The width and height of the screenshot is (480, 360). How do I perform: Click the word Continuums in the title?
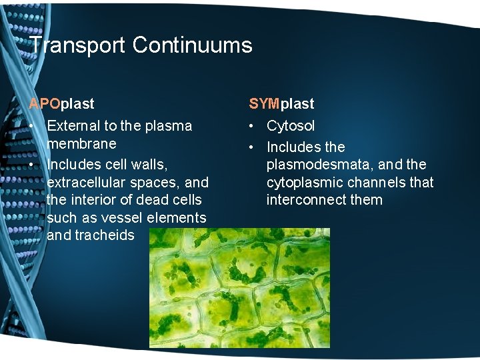pos(192,45)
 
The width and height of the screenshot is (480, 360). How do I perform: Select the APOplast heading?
pos(61,104)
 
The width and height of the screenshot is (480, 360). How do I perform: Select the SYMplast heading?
pos(281,104)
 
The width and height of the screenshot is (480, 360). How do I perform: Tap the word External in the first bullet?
pos(73,126)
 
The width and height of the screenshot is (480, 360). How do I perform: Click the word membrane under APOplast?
pos(81,144)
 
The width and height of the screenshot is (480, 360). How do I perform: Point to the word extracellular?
pos(89,182)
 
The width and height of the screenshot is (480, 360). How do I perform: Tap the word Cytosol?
pos(291,126)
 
